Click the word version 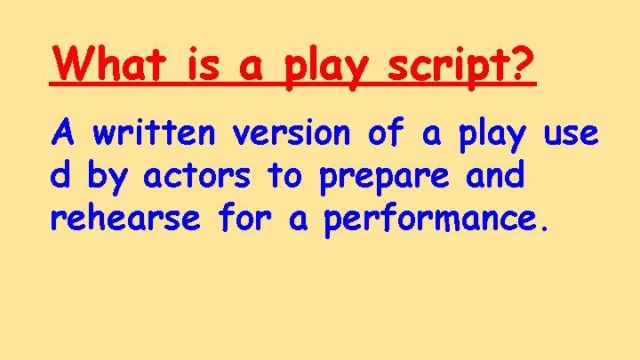pos(297,134)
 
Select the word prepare pos(385,179)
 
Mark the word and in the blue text pos(495,175)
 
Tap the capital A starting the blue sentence pos(62,133)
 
